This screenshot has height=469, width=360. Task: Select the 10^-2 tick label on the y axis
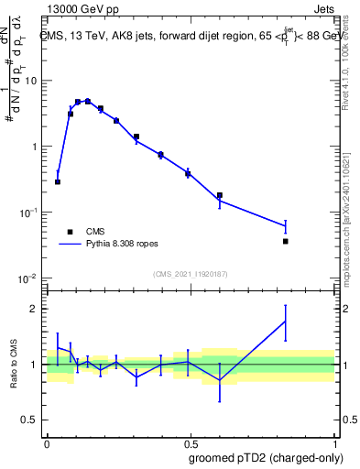(x=29, y=278)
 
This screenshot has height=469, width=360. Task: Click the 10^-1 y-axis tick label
(x=29, y=212)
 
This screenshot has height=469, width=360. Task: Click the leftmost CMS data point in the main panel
(x=58, y=181)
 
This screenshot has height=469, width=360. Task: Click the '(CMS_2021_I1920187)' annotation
(x=190, y=274)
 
